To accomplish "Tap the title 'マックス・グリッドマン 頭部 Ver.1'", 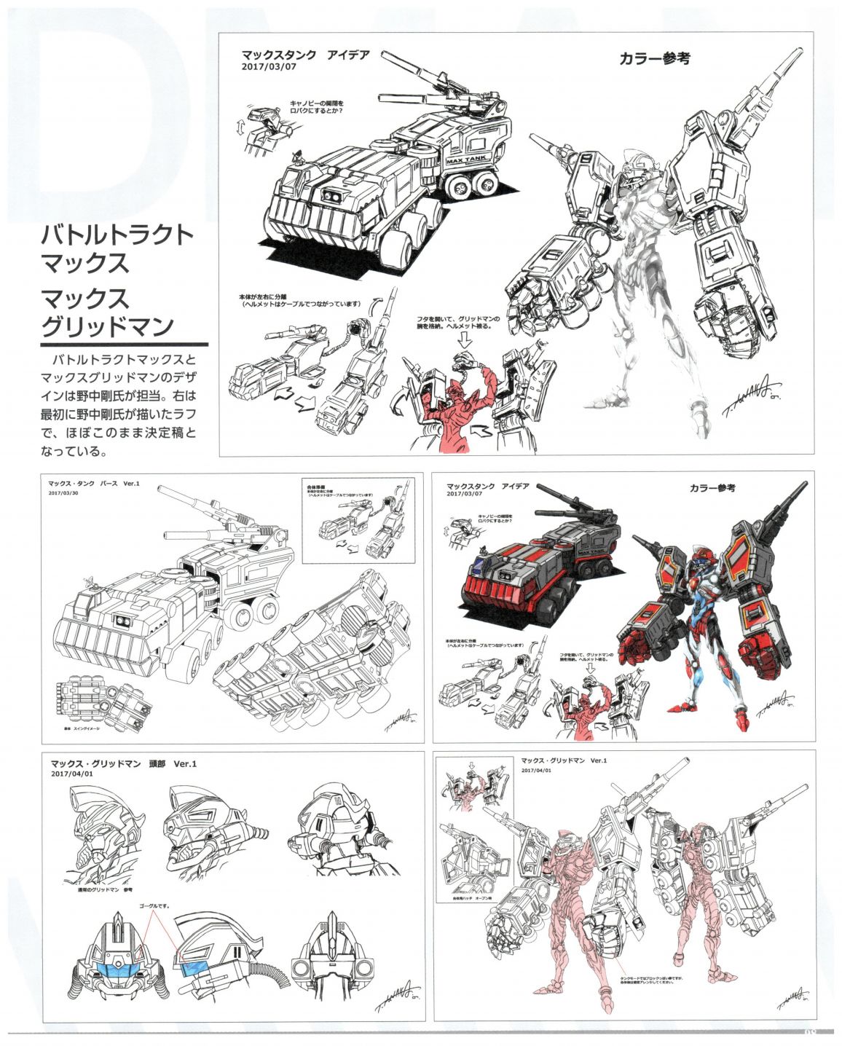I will pyautogui.click(x=123, y=764).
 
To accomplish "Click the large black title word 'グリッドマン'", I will pyautogui.click(x=106, y=323).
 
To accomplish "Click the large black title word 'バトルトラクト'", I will pyautogui.click(x=117, y=235).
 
